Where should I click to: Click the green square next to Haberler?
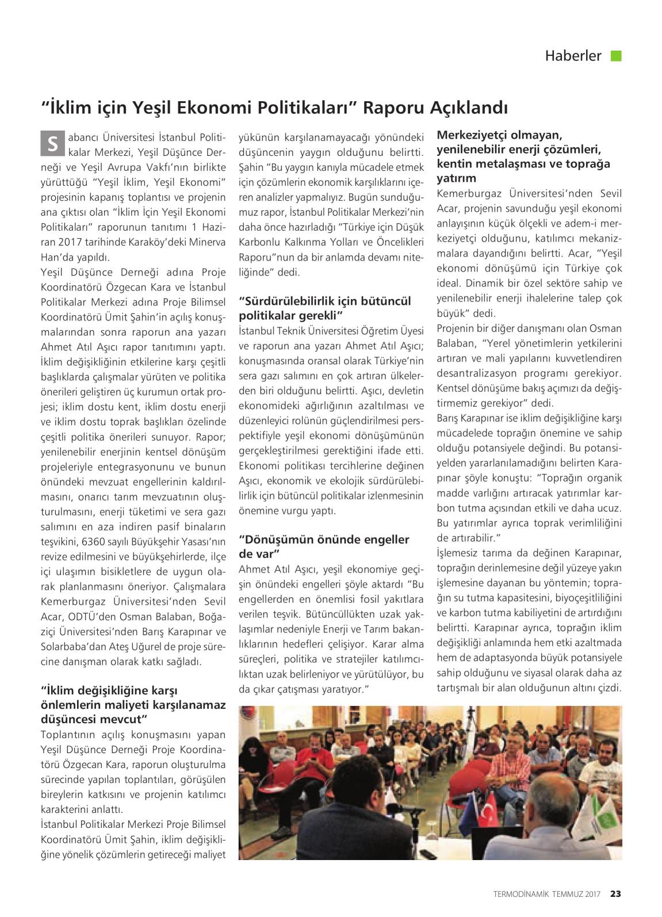tap(616, 56)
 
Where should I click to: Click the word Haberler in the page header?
tap(573, 56)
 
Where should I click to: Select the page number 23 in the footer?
tap(615, 893)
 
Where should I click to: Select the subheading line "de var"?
tap(258, 553)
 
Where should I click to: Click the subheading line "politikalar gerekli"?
tap(290, 315)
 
